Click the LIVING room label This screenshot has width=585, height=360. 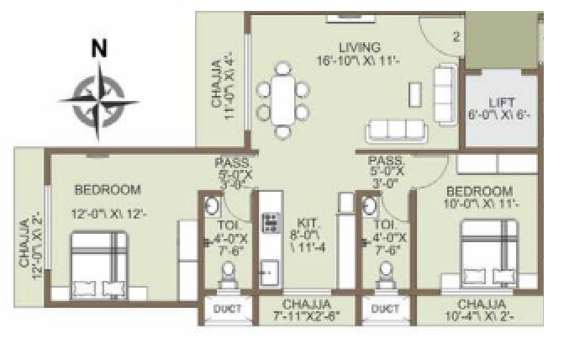coord(359,46)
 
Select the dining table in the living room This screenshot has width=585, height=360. coord(282,99)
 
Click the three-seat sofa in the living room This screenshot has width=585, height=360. coord(396,130)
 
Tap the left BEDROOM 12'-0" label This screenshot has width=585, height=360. coord(107,189)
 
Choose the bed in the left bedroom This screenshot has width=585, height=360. coord(98,263)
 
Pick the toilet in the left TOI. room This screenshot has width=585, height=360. coord(226,275)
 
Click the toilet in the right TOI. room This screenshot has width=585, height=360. coord(387,275)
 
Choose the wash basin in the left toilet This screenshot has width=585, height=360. coord(213,207)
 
